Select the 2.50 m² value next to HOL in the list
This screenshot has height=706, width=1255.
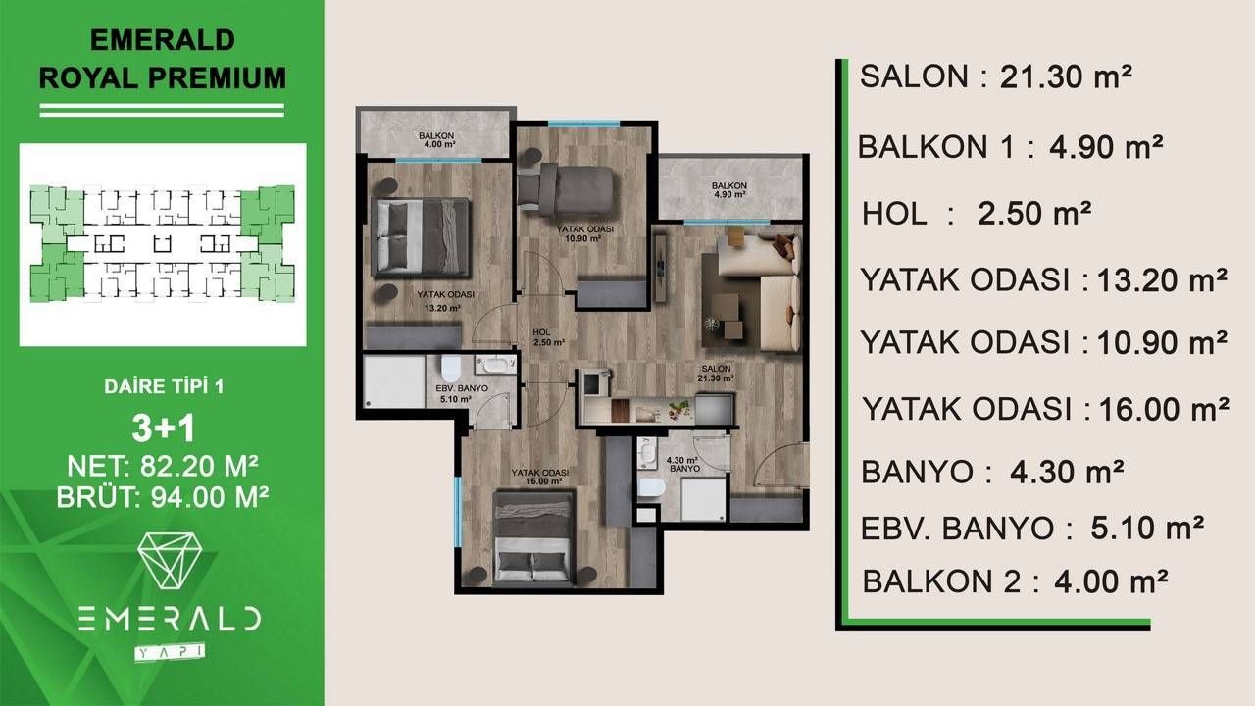pyautogui.click(x=1034, y=213)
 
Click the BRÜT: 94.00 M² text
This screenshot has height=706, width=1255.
pyautogui.click(x=163, y=497)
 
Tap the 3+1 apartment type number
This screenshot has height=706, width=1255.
pyautogui.click(x=163, y=429)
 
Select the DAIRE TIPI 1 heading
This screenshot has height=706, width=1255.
pyautogui.click(x=163, y=386)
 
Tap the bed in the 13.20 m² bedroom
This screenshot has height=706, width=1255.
pyautogui.click(x=420, y=237)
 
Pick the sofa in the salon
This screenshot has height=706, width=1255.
pyautogui.click(x=765, y=289)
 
